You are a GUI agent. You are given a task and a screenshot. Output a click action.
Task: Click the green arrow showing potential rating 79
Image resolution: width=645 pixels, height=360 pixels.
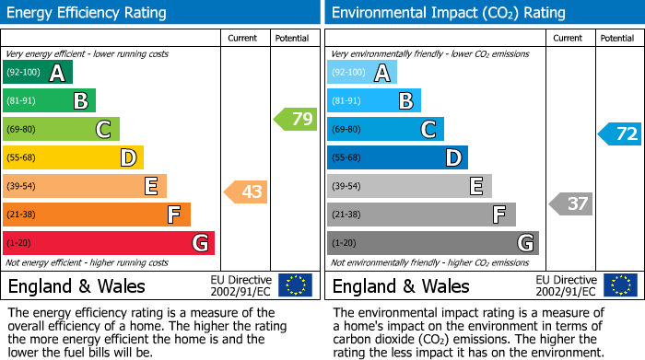click(x=296, y=119)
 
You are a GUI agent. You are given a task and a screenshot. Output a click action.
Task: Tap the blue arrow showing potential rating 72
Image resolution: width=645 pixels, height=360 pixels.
click(x=620, y=134)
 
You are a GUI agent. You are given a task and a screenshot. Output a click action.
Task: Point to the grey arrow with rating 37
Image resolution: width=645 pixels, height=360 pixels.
click(x=571, y=203)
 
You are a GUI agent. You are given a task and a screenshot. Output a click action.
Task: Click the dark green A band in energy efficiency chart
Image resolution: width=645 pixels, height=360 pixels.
click(x=38, y=73)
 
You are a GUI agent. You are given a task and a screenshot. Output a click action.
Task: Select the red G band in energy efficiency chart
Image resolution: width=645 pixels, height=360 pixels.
click(x=109, y=243)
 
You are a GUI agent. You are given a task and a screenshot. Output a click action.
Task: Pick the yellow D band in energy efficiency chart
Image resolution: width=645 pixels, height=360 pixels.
click(x=74, y=158)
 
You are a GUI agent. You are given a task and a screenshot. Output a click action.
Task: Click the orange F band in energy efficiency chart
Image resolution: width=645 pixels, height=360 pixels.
click(x=97, y=215)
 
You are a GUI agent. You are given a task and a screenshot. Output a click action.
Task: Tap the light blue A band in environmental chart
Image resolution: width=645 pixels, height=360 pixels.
click(x=362, y=73)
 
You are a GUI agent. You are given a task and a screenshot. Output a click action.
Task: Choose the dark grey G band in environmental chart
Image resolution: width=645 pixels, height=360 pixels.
click(x=433, y=243)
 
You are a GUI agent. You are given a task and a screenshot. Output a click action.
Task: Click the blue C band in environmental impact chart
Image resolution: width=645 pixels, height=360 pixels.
click(x=385, y=129)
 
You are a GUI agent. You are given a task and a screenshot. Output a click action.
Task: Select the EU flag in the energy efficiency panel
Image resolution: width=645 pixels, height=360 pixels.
click(x=295, y=285)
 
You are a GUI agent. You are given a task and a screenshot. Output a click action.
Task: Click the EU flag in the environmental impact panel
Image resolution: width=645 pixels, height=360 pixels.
click(x=620, y=285)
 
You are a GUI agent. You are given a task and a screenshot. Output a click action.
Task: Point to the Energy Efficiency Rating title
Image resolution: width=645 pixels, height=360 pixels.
click(x=88, y=13)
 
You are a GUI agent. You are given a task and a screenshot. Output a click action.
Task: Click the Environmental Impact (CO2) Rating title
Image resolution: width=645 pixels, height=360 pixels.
click(x=448, y=13)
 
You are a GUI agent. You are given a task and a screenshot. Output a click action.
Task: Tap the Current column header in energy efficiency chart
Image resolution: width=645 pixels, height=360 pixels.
click(x=243, y=38)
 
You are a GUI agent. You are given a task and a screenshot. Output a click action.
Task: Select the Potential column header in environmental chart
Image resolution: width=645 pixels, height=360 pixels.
click(x=617, y=38)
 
